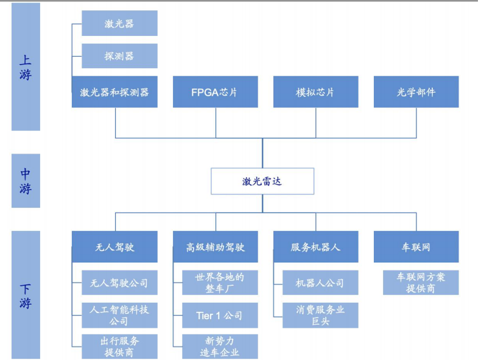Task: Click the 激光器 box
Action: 119,23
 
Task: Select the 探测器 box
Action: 119,55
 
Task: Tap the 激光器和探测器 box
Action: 114,92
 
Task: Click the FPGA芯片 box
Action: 216,92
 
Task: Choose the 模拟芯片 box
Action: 315,92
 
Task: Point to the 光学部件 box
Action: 416,92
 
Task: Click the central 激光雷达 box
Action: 262,181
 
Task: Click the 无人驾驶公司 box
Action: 119,283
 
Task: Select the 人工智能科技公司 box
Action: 119,314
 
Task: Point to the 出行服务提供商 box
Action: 119,346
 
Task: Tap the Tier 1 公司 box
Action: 220,314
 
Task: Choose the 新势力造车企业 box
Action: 220,346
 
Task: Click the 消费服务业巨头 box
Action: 320,314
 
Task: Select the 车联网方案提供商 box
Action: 421,283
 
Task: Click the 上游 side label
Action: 26,66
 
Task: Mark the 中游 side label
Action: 26,181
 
